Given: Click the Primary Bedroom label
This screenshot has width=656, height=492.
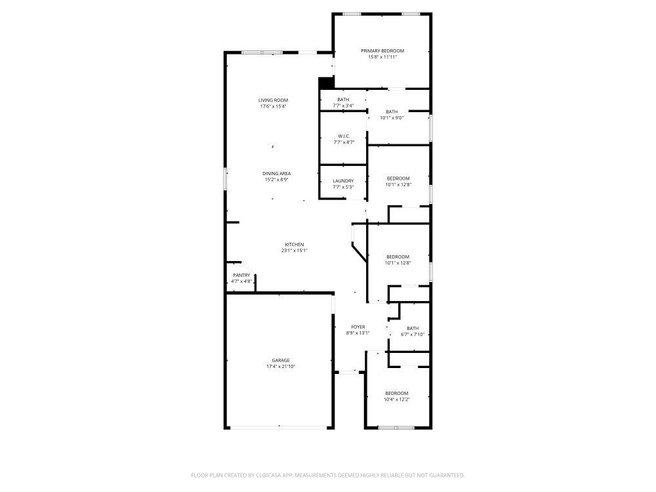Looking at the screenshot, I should tap(382, 51).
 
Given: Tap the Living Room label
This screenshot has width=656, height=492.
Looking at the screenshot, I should tap(273, 100).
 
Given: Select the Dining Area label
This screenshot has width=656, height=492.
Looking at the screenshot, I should tap(277, 173).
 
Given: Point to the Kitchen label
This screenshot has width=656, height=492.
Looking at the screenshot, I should tap(294, 244).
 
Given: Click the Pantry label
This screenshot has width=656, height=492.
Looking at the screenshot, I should tap(241, 276).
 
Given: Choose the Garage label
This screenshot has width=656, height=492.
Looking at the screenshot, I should tap(281, 360).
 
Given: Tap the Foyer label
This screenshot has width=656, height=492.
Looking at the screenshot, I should tap(358, 327).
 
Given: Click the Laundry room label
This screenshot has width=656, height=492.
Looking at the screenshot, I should tap(343, 181).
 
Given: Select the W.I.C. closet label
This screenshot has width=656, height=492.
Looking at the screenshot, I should tap(343, 136).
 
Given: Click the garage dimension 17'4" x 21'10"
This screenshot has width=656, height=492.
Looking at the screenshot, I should tap(281, 367).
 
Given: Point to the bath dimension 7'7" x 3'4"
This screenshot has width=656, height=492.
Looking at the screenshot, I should tap(343, 106).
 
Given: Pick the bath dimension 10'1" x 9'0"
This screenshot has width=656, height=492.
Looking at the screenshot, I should tap(392, 118).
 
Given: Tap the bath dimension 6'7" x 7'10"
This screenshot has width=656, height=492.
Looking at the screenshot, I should tap(413, 335).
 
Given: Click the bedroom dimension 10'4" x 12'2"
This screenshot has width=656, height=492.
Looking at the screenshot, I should tap(397, 400).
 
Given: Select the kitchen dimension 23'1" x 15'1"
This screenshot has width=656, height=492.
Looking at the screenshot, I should tap(294, 250).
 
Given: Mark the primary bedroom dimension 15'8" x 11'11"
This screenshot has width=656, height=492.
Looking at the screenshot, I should tap(382, 57).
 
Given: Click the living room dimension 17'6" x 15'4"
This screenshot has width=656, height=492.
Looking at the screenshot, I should tap(273, 106).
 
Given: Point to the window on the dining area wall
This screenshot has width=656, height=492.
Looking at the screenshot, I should tap(225, 179).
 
